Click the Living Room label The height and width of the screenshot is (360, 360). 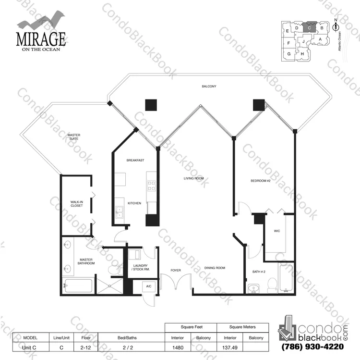[x=193, y=178]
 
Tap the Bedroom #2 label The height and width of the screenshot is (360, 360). [x=260, y=181]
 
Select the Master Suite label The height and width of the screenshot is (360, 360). [x=74, y=137]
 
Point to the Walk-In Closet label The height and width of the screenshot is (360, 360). [x=77, y=204]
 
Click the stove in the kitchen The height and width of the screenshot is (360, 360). [x=151, y=186]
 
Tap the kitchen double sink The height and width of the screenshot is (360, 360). [x=120, y=212]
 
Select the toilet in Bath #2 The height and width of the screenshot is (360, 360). [x=273, y=285]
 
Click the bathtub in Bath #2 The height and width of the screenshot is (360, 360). [x=286, y=278]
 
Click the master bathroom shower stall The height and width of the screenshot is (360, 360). [x=110, y=286]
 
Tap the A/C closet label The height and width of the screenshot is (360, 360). [x=149, y=286]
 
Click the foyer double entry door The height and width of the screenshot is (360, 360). [x=176, y=281]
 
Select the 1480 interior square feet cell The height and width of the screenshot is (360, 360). [x=178, y=348]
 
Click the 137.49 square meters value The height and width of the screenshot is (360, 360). [x=230, y=348]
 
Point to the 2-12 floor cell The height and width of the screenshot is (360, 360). [x=85, y=348]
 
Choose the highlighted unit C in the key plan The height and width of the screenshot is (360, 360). [x=309, y=27]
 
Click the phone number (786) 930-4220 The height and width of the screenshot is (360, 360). [x=312, y=347]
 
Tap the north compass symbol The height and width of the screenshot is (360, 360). [x=336, y=26]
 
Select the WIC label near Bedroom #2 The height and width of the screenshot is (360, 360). [x=277, y=231]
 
